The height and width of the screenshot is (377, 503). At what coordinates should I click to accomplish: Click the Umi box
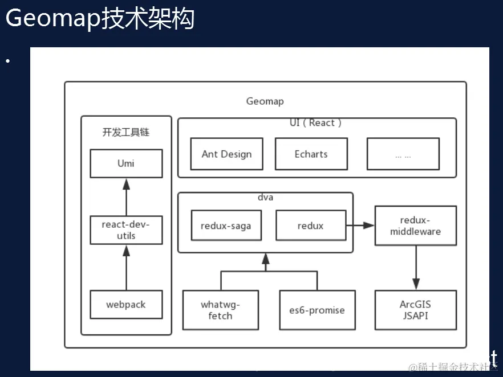(x=126, y=163)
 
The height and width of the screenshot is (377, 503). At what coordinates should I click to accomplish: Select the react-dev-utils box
(x=126, y=230)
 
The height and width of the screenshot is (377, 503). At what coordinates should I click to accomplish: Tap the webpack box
(x=126, y=305)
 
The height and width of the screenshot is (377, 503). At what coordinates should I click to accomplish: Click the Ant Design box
(x=226, y=154)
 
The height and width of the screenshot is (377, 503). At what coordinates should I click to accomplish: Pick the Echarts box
(x=311, y=154)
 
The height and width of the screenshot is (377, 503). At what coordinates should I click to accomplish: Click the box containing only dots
(x=403, y=154)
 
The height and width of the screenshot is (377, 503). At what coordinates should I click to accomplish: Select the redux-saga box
(x=226, y=226)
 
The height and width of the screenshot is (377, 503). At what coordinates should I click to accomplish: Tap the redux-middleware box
(x=415, y=226)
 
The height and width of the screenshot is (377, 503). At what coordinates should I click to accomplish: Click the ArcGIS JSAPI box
(x=415, y=310)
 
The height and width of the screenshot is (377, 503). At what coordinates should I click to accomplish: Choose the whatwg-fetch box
(x=220, y=310)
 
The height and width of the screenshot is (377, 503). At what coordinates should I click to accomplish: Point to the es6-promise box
(x=317, y=310)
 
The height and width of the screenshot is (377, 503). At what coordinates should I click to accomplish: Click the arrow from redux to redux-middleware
(x=360, y=226)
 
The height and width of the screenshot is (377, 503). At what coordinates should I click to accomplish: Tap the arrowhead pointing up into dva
(x=265, y=259)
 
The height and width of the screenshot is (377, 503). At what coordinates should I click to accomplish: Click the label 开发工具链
(x=126, y=132)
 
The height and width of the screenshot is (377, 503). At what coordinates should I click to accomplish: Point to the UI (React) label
(x=315, y=123)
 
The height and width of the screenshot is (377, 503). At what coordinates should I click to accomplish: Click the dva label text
(x=265, y=198)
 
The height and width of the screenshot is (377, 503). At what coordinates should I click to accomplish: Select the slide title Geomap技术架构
(x=100, y=18)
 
